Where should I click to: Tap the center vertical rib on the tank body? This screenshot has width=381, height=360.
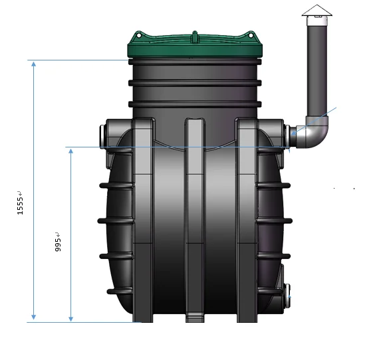pyautogui.click(x=193, y=219)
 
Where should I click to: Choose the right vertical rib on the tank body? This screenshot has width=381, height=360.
pyautogui.click(x=247, y=219)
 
